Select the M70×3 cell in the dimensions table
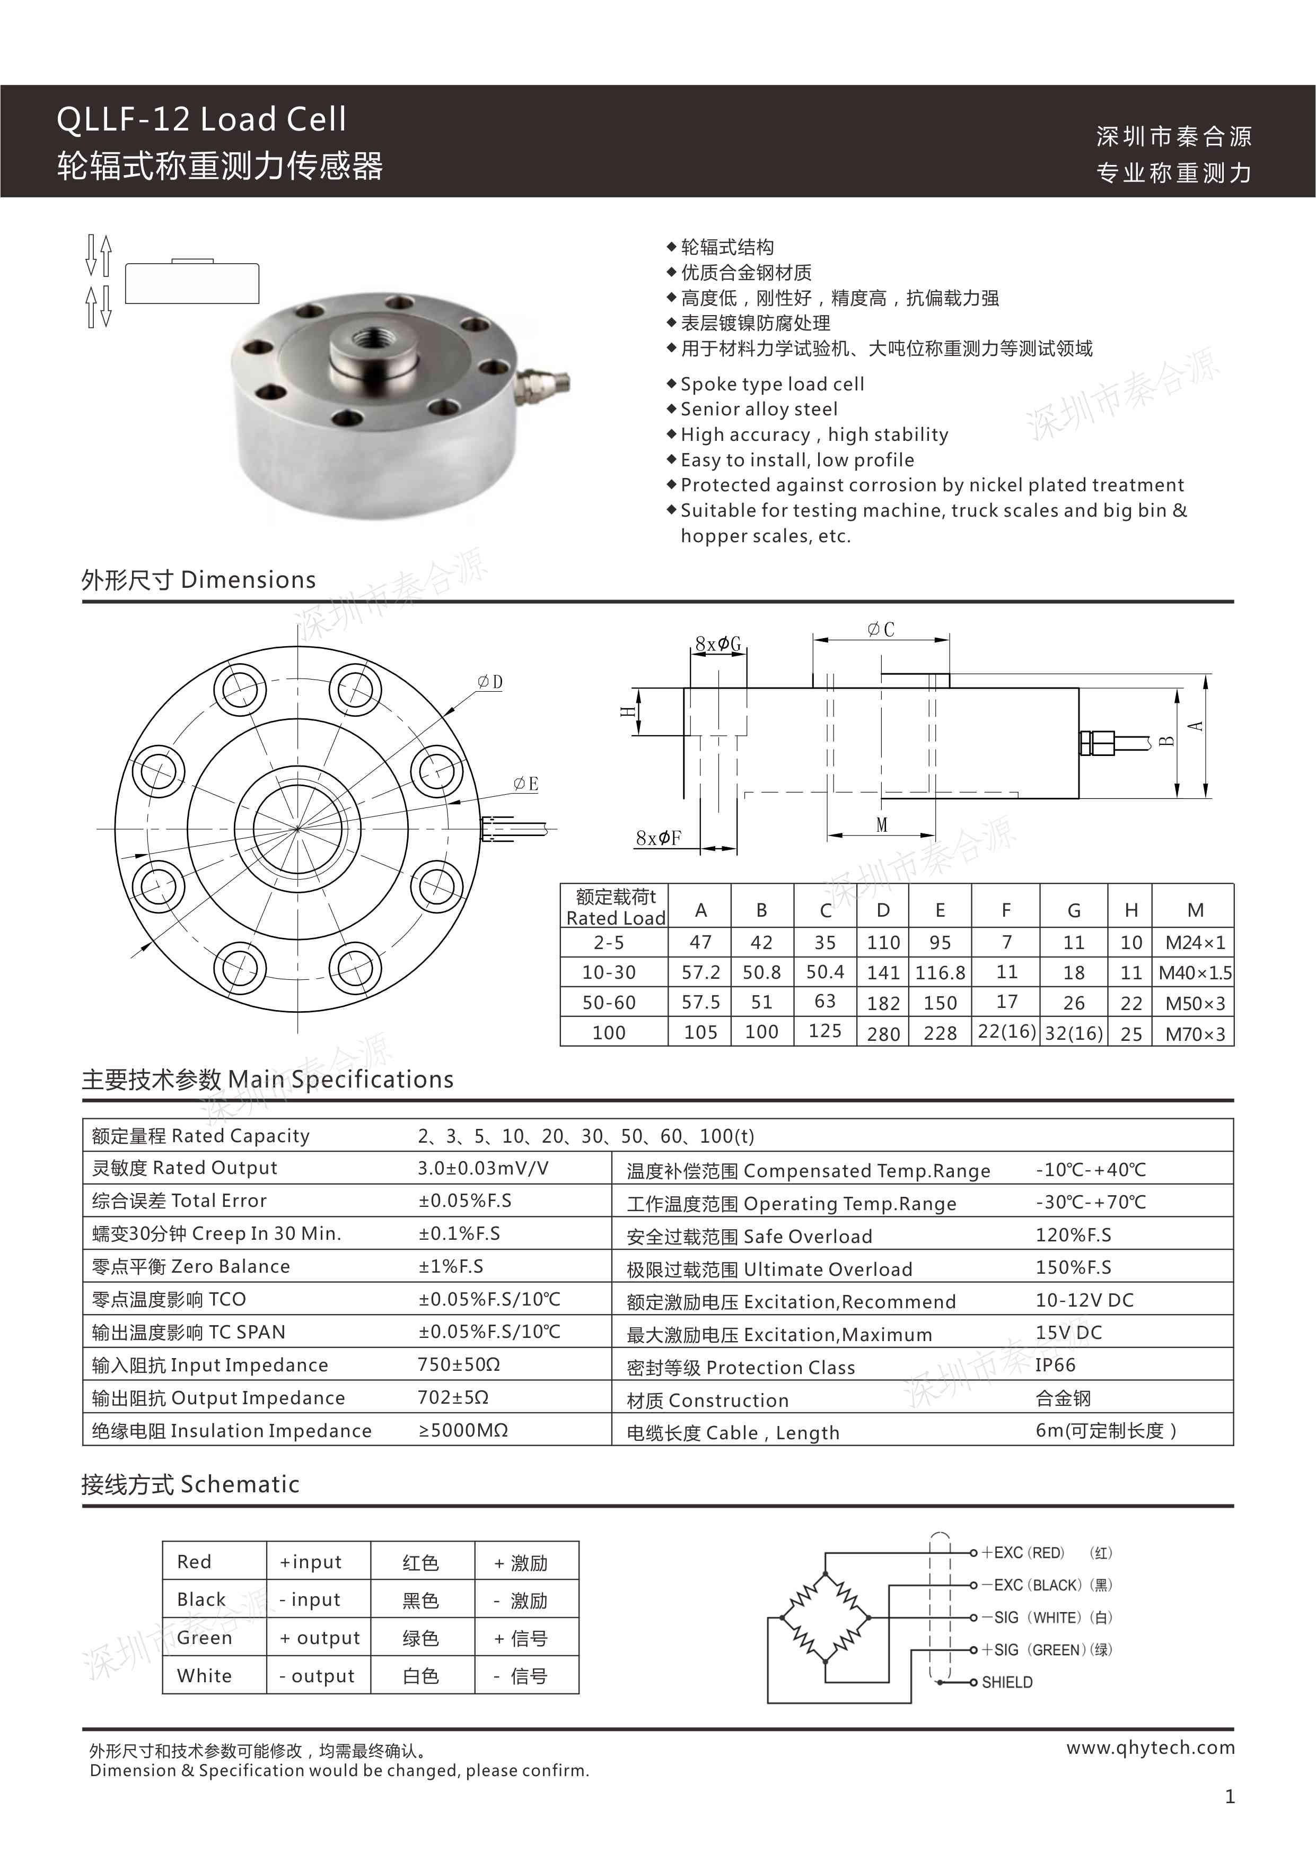[x=1195, y=1033]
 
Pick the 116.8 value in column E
[x=940, y=972]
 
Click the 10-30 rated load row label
[x=609, y=972]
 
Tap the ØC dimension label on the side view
[x=881, y=629]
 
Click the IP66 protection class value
[x=1055, y=1366]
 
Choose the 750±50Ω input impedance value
[x=459, y=1365]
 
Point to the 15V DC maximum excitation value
[x=1068, y=1333]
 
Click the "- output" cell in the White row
[x=317, y=1676]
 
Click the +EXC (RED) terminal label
[x=1023, y=1553]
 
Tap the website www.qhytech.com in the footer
[x=1150, y=1749]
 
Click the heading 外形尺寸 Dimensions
[x=198, y=580]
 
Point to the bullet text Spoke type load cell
[x=771, y=384]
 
